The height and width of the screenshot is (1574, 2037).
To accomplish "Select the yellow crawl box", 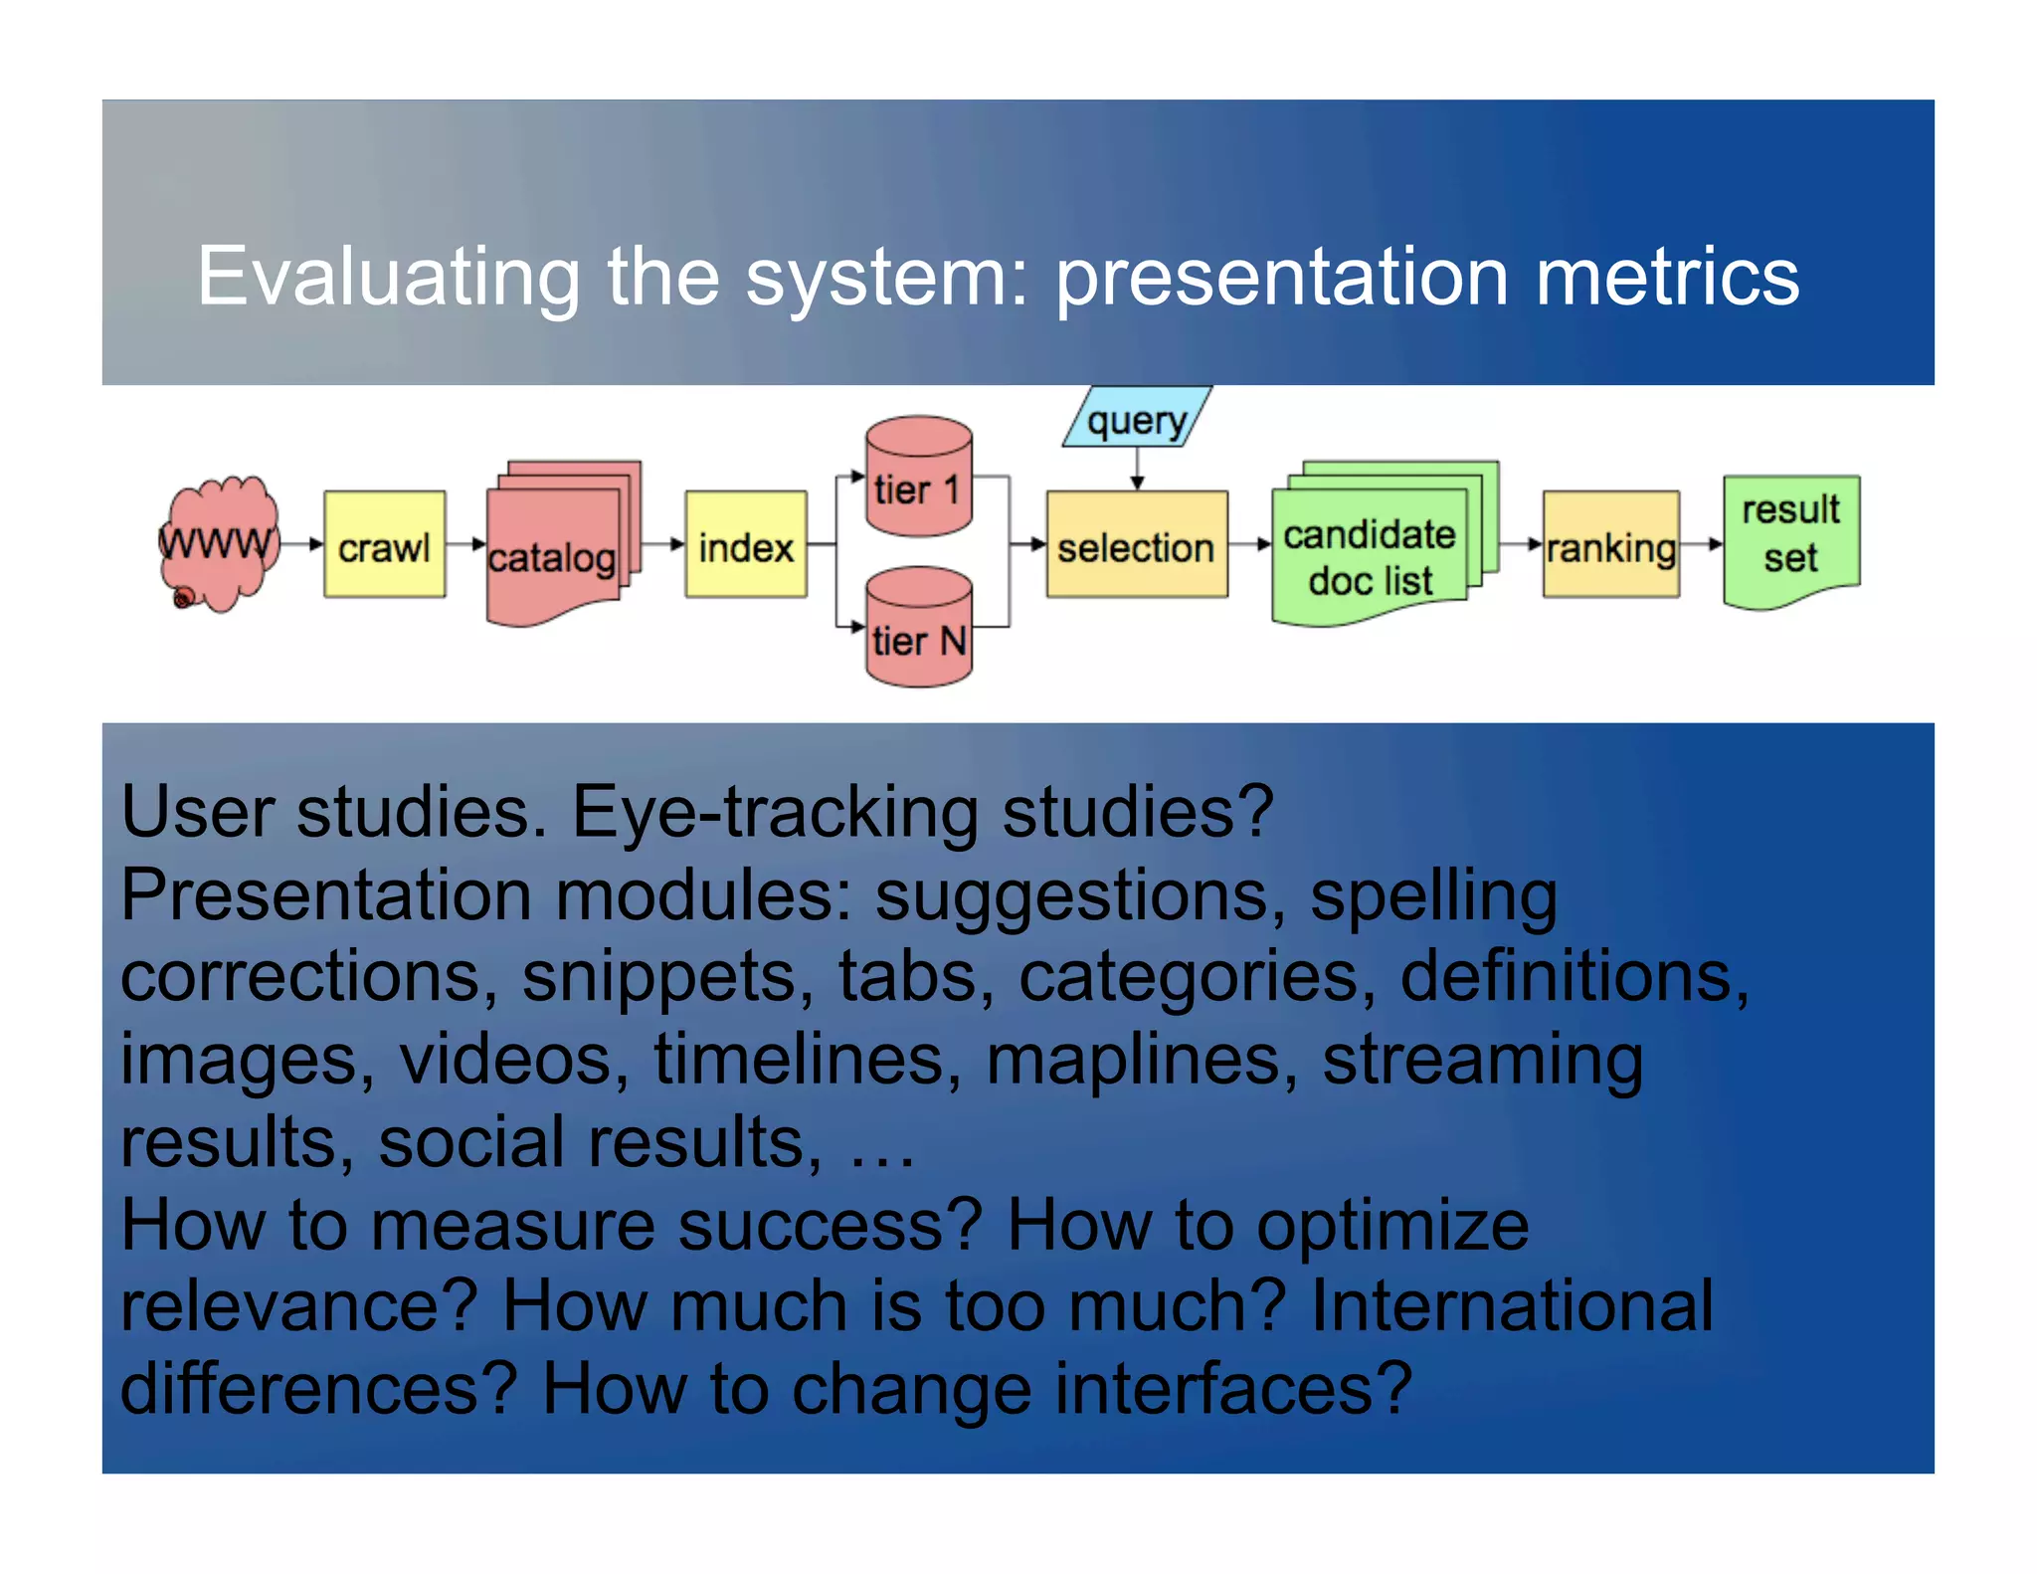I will (x=384, y=544).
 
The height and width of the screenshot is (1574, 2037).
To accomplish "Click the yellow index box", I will (x=745, y=544).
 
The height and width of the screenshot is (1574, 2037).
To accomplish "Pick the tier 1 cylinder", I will (x=918, y=479).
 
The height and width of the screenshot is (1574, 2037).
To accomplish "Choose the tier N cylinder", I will (x=918, y=629).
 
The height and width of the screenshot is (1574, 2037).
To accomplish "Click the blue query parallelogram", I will (x=1137, y=419).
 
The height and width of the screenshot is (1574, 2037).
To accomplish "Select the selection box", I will (x=1136, y=545).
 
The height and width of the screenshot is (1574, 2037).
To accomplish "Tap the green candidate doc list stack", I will (x=1371, y=552).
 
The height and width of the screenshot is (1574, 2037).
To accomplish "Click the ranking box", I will (x=1610, y=545).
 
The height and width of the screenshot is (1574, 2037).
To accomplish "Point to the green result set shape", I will (x=1790, y=538).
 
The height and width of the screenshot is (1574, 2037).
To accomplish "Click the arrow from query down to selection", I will (x=1137, y=469).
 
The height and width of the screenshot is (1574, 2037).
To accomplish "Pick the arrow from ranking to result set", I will (x=1702, y=544).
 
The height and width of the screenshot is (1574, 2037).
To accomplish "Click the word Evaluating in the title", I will (x=388, y=278).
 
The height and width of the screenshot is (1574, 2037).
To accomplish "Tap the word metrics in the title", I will (x=1667, y=278).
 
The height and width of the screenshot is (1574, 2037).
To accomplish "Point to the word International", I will (x=1512, y=1306).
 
